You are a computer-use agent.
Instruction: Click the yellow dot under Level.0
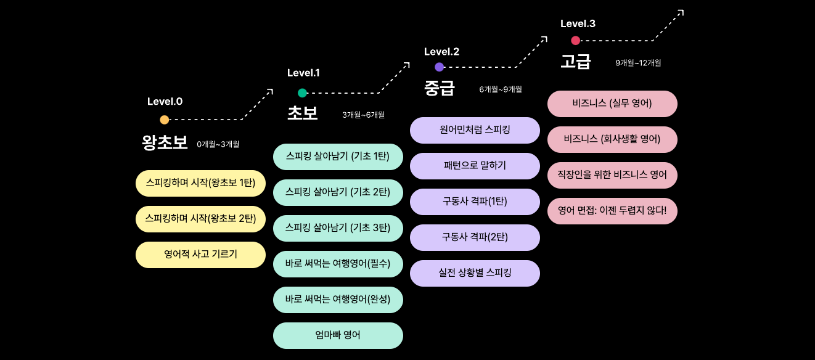point(164,120)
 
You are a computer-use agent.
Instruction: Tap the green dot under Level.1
point(302,93)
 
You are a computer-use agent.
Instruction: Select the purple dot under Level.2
point(439,67)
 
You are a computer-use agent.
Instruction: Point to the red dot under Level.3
point(575,41)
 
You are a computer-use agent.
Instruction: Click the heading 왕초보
point(165,143)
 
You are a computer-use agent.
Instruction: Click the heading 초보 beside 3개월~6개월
point(303,113)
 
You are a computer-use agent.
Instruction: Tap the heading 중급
point(440,88)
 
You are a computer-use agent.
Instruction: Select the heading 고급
point(576,62)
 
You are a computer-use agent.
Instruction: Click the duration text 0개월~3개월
point(218,144)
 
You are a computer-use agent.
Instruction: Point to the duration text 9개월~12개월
point(638,63)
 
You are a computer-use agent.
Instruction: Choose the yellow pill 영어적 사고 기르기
point(200,255)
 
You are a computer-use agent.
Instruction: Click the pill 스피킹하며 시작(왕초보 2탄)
point(200,219)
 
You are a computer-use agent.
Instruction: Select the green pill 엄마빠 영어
point(338,335)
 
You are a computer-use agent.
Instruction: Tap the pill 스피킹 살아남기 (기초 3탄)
point(338,228)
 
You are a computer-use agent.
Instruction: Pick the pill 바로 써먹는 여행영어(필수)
point(338,264)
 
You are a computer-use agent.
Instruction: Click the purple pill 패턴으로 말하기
point(475,166)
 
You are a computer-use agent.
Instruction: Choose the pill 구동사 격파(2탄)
point(475,237)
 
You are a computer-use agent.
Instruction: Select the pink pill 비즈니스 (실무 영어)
point(612,104)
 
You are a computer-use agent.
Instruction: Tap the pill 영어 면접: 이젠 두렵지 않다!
point(612,211)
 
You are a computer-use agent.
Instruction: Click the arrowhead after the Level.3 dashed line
point(680,12)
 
